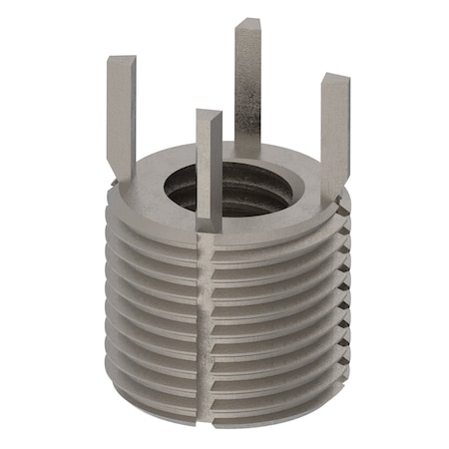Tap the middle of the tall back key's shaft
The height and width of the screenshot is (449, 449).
[247, 90]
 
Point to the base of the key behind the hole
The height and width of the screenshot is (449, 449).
[247, 155]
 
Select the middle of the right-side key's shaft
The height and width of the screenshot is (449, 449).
[334, 135]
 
